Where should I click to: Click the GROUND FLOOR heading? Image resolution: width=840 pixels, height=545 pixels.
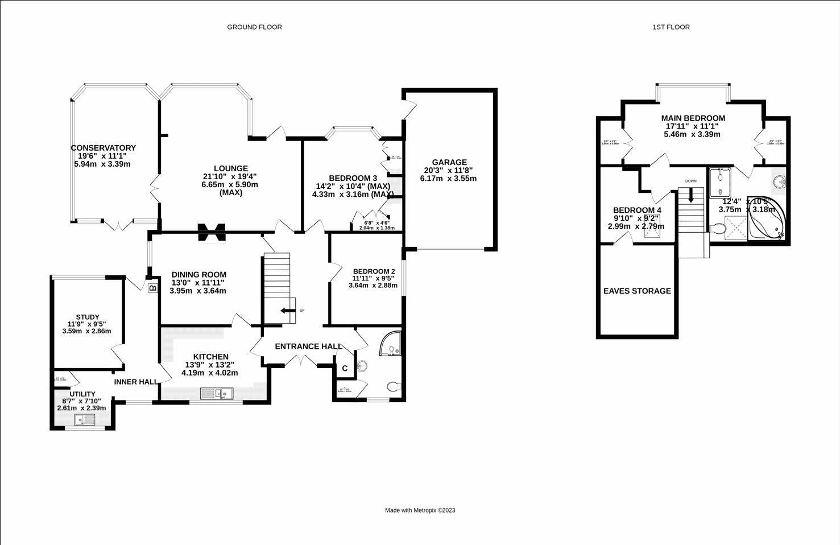coord(254,27)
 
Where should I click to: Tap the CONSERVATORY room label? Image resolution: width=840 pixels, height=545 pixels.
coord(103,148)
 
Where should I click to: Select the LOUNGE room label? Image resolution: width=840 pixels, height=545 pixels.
coord(230,168)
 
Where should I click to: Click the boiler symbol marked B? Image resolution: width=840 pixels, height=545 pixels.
coord(152,288)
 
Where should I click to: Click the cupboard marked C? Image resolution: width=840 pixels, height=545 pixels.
coord(345,369)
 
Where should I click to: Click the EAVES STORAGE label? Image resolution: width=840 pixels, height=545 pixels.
coord(637,291)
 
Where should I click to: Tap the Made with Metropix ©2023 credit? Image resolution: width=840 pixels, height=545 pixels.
coord(420,510)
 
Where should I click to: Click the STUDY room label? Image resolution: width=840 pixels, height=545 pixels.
coord(88,317)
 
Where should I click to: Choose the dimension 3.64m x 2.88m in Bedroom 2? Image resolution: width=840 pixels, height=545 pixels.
coord(374,286)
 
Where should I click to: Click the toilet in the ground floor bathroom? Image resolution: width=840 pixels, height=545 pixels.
coord(392,387)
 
